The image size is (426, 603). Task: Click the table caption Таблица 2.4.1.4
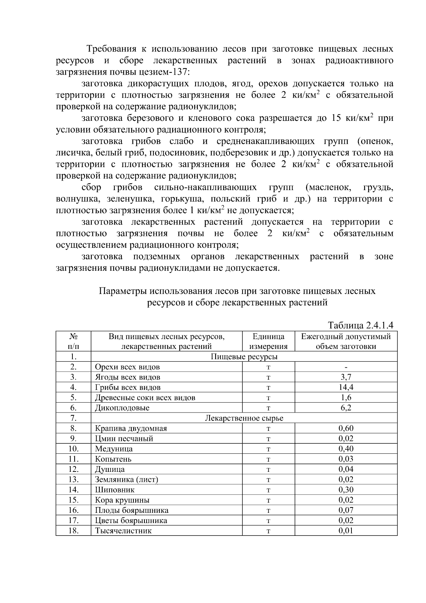tap(361, 325)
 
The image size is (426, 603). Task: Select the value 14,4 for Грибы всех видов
tap(346, 387)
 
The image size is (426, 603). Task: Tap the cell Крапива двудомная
tap(131, 429)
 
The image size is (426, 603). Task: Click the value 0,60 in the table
tap(346, 428)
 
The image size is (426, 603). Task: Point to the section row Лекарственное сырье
tap(244, 418)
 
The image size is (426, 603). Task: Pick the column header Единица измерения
tap(268, 341)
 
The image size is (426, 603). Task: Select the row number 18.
tap(73, 531)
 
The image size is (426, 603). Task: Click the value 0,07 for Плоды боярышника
tap(346, 510)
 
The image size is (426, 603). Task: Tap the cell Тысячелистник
tap(123, 531)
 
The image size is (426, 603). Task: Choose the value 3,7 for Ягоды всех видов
tap(346, 377)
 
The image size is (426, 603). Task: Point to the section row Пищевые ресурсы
tap(244, 357)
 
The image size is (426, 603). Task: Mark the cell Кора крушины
tap(122, 500)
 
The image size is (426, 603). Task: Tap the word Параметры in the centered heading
tap(122, 291)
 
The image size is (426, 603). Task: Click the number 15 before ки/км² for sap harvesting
tap(336, 118)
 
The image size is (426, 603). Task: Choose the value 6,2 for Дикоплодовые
tap(346, 408)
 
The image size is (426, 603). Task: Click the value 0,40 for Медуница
tap(346, 449)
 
